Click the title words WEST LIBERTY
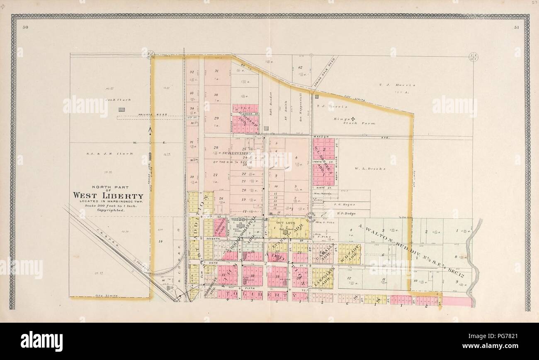pos(108,196)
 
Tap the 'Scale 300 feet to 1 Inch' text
pos(108,205)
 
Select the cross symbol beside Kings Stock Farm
pos(353,119)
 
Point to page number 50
pos(25,28)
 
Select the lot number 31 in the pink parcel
pos(216,71)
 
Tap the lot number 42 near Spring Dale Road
pos(300,68)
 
